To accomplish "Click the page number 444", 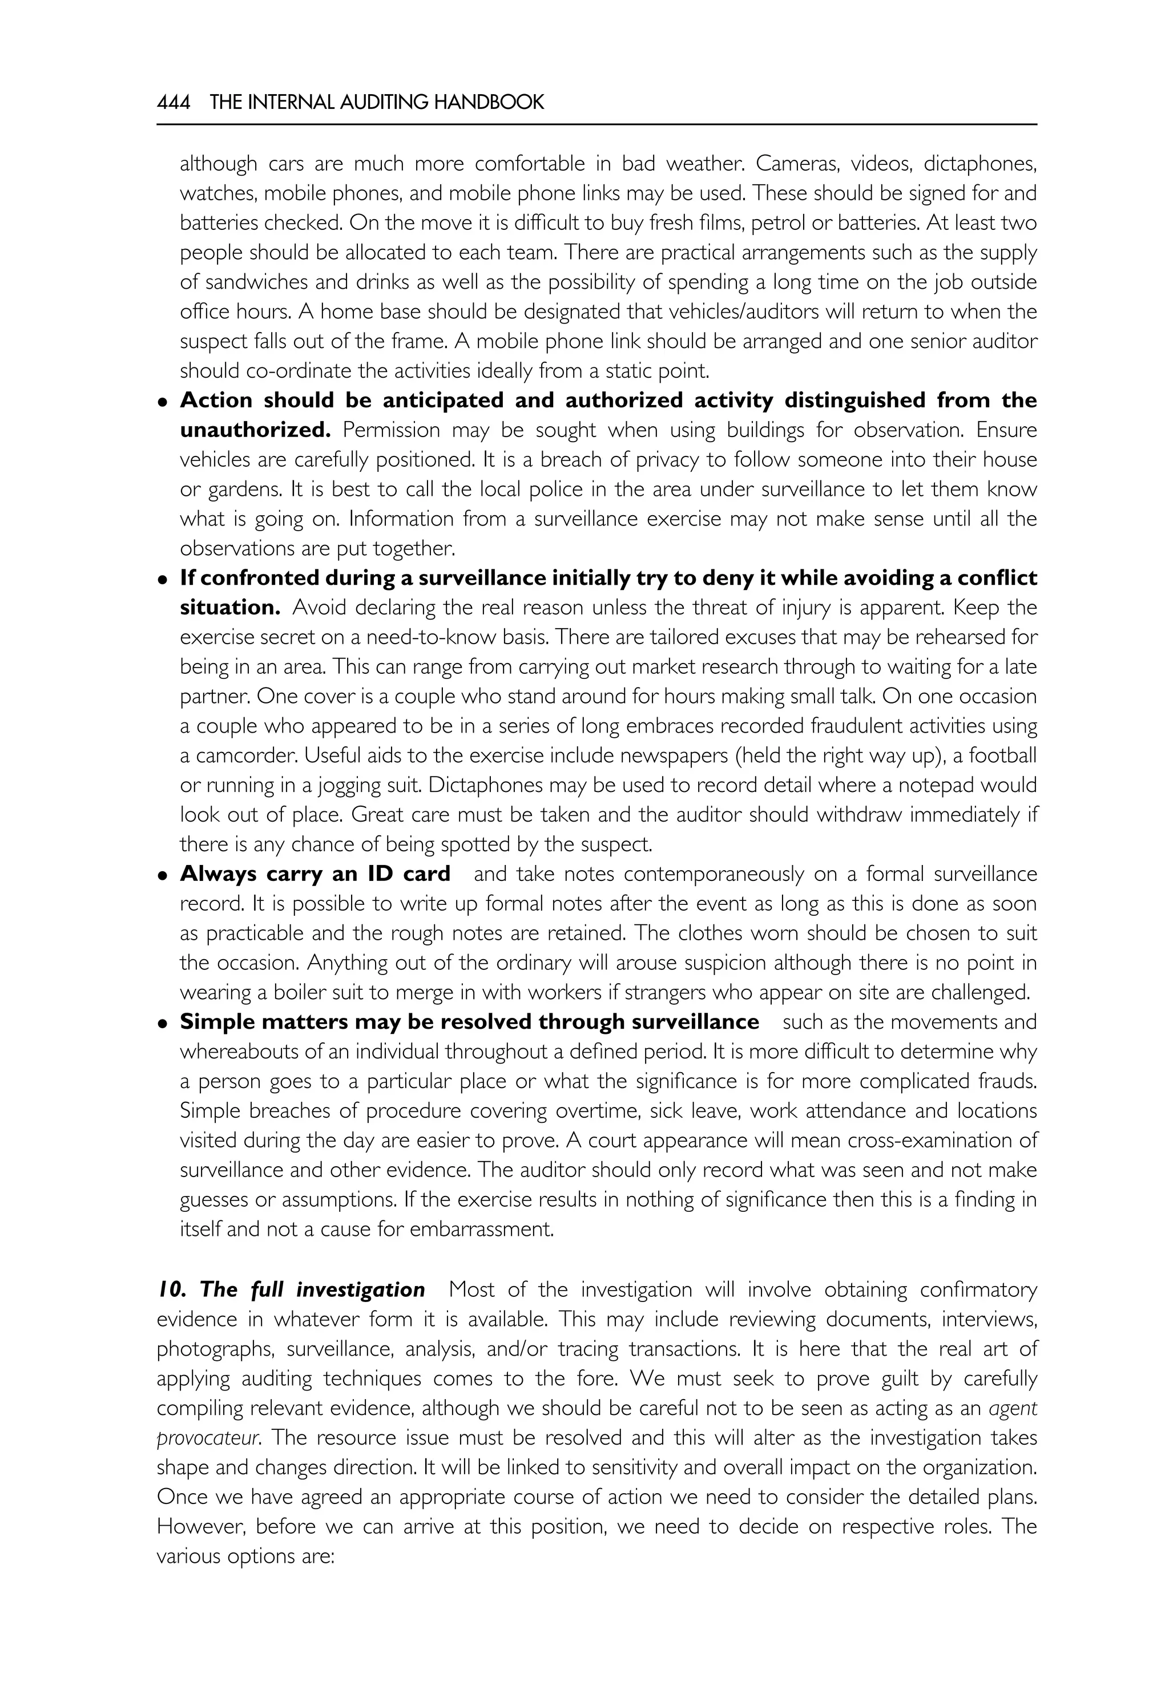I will coord(174,103).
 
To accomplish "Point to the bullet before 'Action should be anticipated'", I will coord(163,403).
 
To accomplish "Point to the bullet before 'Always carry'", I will coord(163,876).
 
